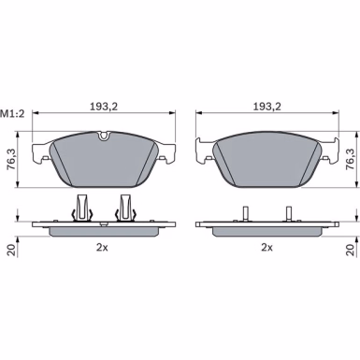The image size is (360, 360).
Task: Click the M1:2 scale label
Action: click(12, 114)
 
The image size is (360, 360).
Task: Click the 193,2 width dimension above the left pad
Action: click(104, 107)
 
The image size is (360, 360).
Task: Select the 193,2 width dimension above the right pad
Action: click(266, 107)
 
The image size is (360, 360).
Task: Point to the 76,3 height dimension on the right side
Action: click(351, 159)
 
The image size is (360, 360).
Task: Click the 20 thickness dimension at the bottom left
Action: click(11, 250)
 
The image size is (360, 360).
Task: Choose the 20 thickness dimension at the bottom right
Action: click(351, 250)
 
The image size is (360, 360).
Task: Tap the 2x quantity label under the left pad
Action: click(102, 248)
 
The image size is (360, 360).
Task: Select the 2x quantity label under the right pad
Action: click(266, 248)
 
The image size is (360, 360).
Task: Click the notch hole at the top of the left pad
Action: click(103, 136)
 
